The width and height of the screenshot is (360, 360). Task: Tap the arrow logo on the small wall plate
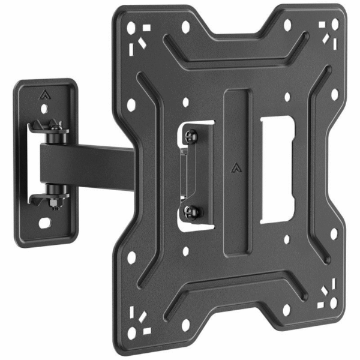44,94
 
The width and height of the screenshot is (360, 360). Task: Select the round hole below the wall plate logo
43,109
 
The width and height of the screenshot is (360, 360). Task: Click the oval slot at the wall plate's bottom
44,222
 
